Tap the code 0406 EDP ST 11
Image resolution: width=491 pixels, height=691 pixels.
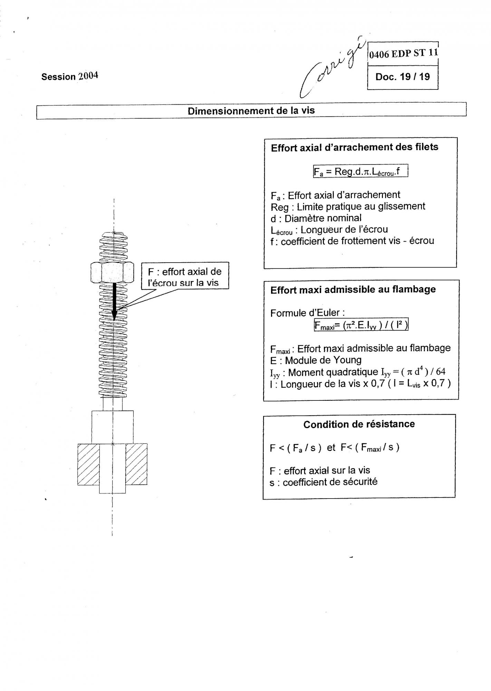(x=403, y=54)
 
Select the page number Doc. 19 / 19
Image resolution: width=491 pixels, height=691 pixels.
(x=403, y=77)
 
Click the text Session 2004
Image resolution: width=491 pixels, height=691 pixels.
(x=70, y=76)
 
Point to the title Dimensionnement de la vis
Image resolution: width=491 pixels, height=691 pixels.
(x=251, y=111)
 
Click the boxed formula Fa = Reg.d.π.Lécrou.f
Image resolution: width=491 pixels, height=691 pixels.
(x=360, y=171)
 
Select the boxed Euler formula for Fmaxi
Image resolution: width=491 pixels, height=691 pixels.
(x=361, y=325)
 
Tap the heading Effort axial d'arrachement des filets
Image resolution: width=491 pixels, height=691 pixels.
(x=354, y=148)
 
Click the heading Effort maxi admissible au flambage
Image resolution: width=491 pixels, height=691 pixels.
(x=353, y=290)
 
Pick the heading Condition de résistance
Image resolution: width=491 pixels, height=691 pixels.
(x=359, y=424)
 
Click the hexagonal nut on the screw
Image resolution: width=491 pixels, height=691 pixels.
(x=113, y=272)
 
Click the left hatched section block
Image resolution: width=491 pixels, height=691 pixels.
(x=88, y=464)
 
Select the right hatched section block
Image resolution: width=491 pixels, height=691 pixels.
(x=136, y=464)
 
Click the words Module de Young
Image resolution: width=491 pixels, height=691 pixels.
(x=323, y=360)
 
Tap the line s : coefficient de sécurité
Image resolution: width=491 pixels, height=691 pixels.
(x=324, y=482)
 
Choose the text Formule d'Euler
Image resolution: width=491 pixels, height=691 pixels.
(x=307, y=313)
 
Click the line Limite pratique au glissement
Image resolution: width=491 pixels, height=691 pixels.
(x=348, y=207)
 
